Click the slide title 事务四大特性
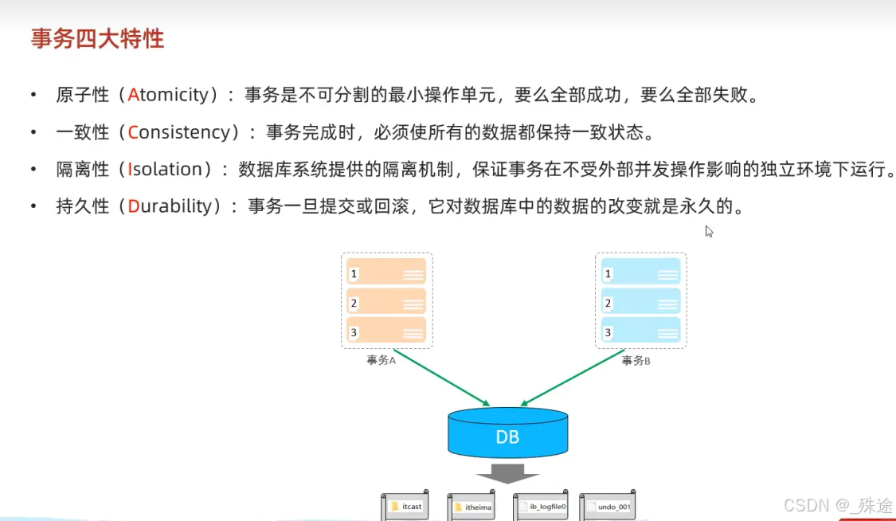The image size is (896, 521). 97,38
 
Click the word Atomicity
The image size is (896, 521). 167,96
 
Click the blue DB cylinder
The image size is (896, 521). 507,435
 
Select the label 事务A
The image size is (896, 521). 381,360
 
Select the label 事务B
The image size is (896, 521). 636,360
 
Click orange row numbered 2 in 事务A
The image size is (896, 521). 386,302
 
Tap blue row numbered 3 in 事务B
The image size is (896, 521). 640,331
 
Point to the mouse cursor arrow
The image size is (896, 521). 709,231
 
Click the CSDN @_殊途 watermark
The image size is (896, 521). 838,505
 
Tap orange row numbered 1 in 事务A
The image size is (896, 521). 386,273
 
